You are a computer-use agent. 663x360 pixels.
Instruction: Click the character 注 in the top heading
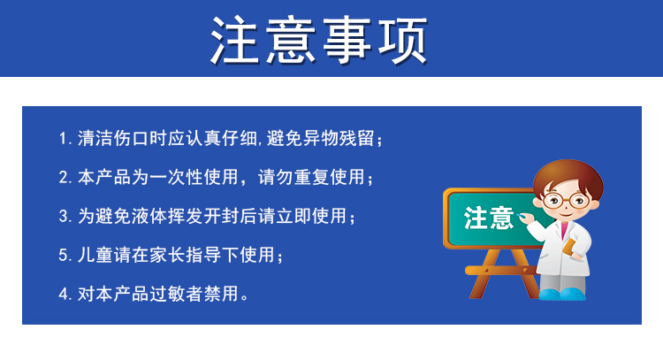(x=235, y=40)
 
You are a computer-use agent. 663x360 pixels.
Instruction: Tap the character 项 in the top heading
(x=402, y=40)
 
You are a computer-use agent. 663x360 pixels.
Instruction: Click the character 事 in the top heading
(x=347, y=40)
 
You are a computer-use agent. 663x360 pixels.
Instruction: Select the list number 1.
(x=65, y=138)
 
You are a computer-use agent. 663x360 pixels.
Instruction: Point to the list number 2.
(x=65, y=177)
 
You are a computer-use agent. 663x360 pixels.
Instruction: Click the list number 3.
(x=65, y=216)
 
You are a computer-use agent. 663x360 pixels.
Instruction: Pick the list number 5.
(x=65, y=255)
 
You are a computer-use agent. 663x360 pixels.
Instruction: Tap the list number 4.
(x=65, y=294)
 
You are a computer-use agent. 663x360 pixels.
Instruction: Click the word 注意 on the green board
(x=489, y=218)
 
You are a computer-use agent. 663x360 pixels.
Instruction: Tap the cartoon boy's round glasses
(x=566, y=201)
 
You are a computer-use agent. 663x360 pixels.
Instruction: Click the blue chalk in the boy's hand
(x=521, y=216)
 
